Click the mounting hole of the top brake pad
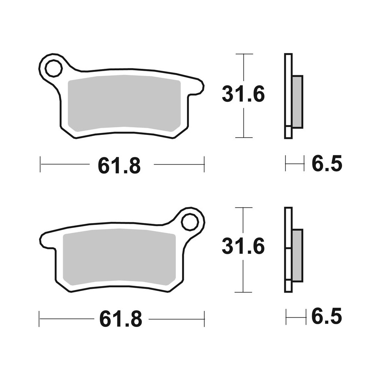[53, 69]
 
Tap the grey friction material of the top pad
[123, 103]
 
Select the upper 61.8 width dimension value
[119, 166]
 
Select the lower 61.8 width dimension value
[120, 320]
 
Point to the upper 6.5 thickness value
[327, 164]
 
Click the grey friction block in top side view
[297, 102]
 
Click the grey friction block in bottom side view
[297, 255]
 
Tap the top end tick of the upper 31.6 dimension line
[244, 54]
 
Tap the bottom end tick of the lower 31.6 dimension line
[244, 292]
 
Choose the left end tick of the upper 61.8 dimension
[40, 164]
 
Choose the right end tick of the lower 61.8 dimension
[204, 319]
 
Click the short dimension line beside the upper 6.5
[295, 164]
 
